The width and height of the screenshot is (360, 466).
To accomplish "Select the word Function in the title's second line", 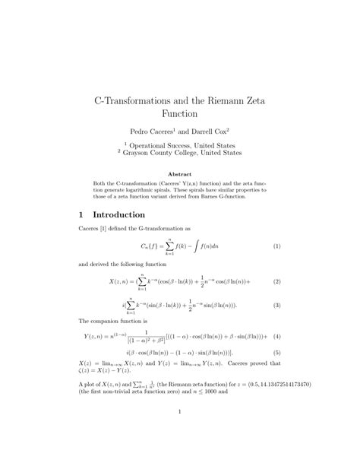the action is pyautogui.click(x=180, y=114).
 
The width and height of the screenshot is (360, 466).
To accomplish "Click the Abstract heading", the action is pyautogui.click(x=179, y=174).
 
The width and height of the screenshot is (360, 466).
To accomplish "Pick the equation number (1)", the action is pyautogui.click(x=277, y=246).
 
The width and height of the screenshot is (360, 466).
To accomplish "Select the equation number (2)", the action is pyautogui.click(x=277, y=281).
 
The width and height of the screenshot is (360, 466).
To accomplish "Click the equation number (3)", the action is pyautogui.click(x=277, y=305).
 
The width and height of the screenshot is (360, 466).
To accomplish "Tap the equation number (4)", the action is pyautogui.click(x=277, y=336).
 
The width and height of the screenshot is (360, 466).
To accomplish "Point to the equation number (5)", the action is pyautogui.click(x=277, y=353).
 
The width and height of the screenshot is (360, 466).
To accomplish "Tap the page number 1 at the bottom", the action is pyautogui.click(x=179, y=414).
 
